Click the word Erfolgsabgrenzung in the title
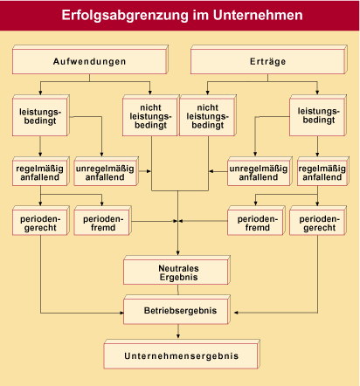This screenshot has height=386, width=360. pos(125,16)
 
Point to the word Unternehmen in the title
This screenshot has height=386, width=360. pos(258,15)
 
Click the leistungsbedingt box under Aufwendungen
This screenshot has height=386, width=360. pos(41,115)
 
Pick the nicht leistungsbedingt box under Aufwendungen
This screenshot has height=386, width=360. pos(150,115)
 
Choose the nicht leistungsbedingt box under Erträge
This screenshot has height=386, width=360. pos(208,115)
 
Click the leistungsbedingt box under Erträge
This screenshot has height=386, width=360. pos(318,115)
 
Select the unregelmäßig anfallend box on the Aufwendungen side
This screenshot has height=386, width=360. pos(106,171)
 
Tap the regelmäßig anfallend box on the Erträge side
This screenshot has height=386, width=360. pos(323,171)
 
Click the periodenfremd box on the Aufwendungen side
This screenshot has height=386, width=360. pos(102,221)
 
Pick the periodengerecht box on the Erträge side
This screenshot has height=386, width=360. pos(318,221)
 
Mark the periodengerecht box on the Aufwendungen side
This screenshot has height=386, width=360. pos(41,221)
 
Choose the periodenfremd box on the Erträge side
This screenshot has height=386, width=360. pos(256,221)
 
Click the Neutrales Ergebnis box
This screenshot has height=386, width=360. pos(177,270)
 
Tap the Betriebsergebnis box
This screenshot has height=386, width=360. pos(177,310)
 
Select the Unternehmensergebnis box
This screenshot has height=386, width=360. pos(182,355)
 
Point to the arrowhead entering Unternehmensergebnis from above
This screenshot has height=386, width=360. pos(178,336)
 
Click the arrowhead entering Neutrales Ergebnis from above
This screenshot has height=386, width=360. pos(177,252)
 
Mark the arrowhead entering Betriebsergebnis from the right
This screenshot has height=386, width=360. pos(237,313)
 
